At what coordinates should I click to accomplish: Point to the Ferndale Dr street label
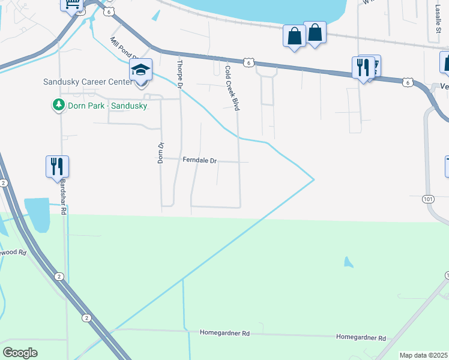200,161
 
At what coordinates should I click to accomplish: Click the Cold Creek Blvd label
232,88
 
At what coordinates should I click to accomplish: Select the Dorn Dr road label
160,153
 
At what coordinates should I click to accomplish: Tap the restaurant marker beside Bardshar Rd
58,166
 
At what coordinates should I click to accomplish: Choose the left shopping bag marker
294,36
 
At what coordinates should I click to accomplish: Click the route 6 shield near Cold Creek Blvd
248,62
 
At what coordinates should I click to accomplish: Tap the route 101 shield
427,198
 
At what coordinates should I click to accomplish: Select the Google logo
20,352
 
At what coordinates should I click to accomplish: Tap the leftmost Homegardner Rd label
224,332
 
